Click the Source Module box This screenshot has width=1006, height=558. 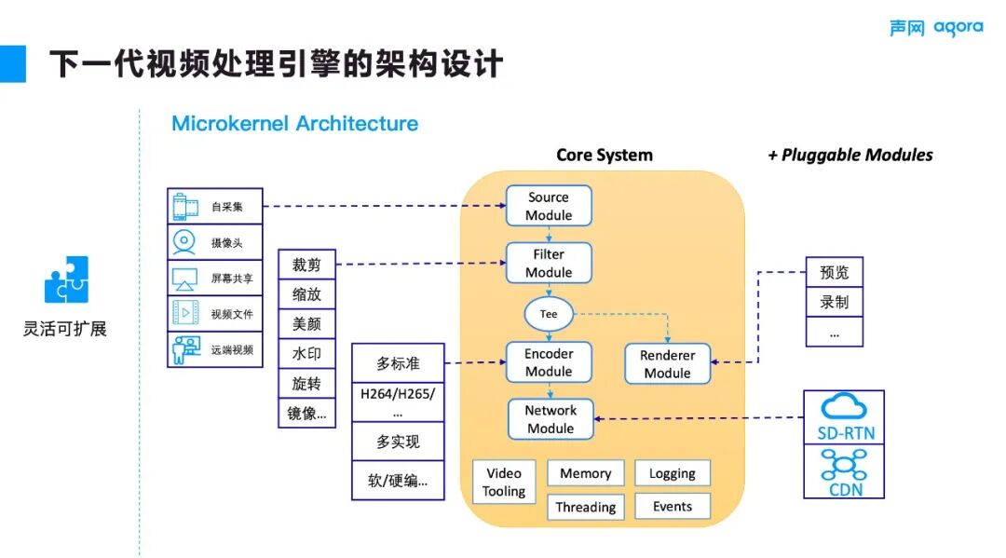[548, 206]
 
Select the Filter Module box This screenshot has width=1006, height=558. [548, 263]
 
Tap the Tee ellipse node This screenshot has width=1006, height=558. [549, 314]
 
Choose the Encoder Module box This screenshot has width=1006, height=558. [549, 362]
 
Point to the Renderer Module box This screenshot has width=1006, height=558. [667, 364]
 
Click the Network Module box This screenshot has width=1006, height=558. [550, 419]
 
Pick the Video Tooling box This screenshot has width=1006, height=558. [504, 482]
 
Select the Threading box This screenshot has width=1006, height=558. [585, 507]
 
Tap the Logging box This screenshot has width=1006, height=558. [672, 473]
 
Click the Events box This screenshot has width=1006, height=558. [672, 507]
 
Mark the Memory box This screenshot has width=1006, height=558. [585, 473]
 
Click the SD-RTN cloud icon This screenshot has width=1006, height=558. [843, 406]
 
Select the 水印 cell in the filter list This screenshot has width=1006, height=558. [306, 354]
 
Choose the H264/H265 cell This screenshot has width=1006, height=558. [398, 401]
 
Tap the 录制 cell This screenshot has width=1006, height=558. [834, 302]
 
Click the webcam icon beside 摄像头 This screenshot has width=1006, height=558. [184, 241]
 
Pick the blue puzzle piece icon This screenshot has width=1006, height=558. [66, 279]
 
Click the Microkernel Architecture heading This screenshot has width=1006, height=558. [294, 124]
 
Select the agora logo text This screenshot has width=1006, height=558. [958, 28]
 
